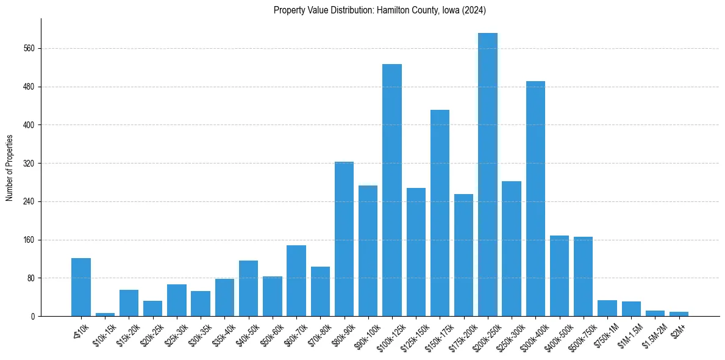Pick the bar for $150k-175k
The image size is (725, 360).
(440, 213)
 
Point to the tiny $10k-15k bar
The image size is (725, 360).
(105, 314)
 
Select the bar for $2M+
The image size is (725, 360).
(679, 314)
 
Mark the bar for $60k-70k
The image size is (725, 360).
(296, 281)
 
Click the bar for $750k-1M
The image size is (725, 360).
(607, 308)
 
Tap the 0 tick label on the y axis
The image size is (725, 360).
(34, 317)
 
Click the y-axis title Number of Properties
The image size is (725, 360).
(10, 168)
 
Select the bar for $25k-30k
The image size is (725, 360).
(177, 300)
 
